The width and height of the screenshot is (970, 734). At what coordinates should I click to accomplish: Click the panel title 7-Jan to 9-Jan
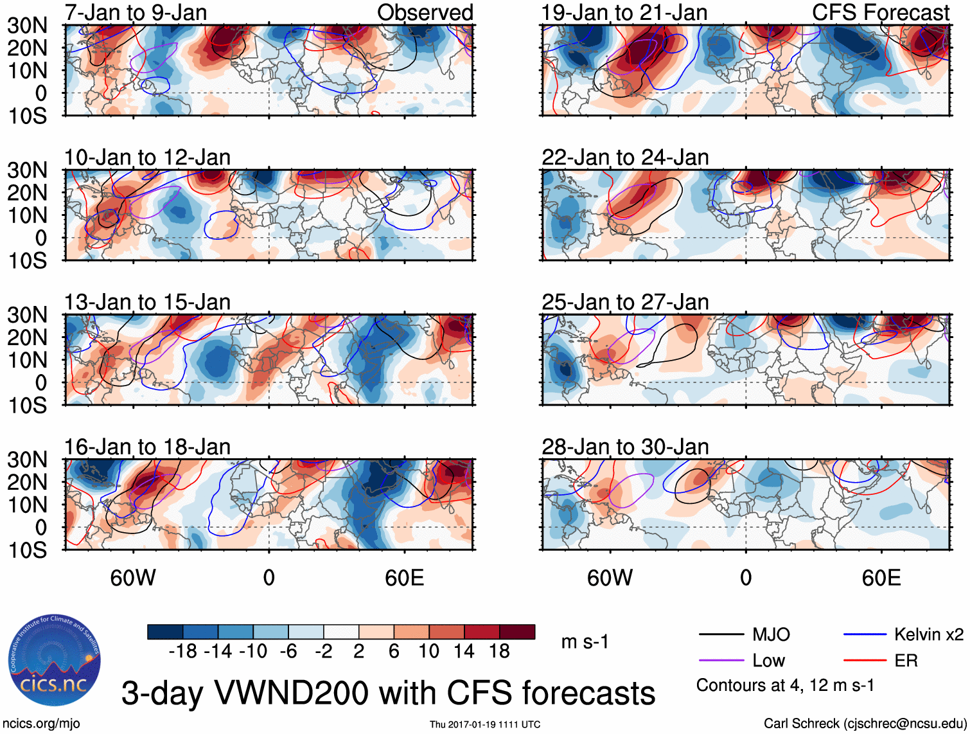point(136,12)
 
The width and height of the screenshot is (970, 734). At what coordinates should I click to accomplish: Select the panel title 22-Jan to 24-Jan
point(625,157)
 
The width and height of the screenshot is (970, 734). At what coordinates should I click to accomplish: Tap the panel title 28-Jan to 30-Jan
point(625,447)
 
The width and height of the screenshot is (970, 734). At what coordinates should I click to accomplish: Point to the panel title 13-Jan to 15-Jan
point(147,302)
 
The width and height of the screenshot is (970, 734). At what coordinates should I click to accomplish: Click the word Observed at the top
point(425,12)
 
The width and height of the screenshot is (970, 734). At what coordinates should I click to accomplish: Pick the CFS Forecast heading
point(880,12)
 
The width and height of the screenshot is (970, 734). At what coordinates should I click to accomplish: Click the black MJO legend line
point(721,635)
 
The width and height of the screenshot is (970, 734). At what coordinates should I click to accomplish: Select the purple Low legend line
point(721,661)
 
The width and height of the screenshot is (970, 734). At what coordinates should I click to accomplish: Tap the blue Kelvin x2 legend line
point(865,635)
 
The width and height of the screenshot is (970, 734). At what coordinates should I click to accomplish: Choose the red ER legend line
point(865,661)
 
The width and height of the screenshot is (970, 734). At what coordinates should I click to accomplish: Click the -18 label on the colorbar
point(182,652)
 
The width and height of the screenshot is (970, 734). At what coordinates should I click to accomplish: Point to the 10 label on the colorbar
point(428,652)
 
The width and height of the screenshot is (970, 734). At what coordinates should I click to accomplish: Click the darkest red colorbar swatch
point(517,632)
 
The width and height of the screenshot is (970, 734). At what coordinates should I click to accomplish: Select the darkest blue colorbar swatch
point(165,632)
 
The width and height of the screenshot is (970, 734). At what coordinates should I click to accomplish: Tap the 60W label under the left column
point(133,578)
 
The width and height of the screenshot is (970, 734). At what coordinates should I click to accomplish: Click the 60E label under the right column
point(881,578)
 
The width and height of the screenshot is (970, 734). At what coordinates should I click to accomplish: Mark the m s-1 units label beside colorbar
point(585,641)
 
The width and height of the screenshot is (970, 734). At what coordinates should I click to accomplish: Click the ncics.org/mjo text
point(41,724)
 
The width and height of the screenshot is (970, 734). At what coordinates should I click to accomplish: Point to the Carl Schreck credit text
point(864,724)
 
